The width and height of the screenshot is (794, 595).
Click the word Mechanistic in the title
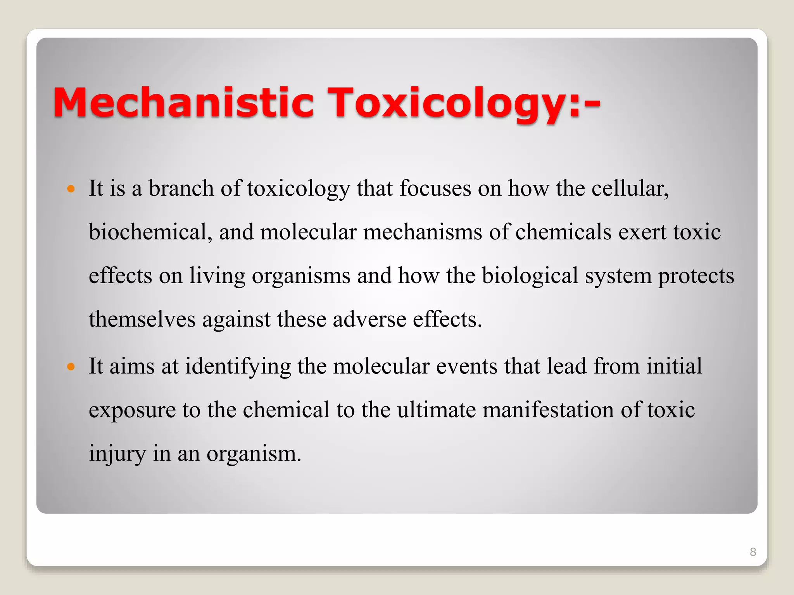183,102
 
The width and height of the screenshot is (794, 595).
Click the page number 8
753,552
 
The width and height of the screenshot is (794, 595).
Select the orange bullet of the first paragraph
70,189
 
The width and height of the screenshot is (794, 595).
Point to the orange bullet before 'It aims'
70,366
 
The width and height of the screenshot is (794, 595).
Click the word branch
181,189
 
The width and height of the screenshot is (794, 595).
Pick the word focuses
435,189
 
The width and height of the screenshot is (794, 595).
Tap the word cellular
630,189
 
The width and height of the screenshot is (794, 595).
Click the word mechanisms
422,232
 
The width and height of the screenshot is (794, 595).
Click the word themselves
142,320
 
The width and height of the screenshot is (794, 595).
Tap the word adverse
369,320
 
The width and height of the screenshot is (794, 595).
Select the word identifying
238,366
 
